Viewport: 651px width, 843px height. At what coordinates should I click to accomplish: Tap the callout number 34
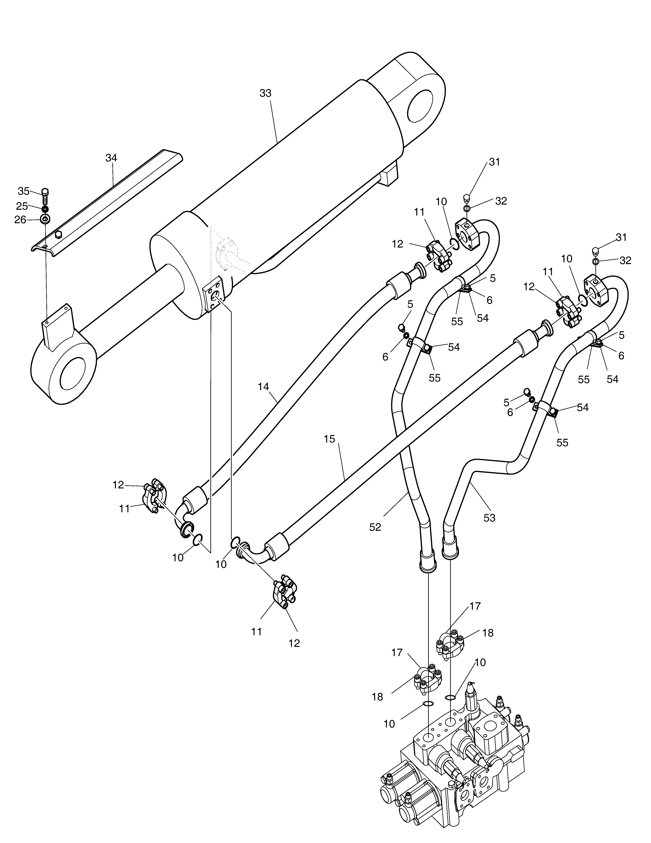tap(112, 158)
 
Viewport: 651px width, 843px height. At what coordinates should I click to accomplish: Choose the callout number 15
tap(330, 439)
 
